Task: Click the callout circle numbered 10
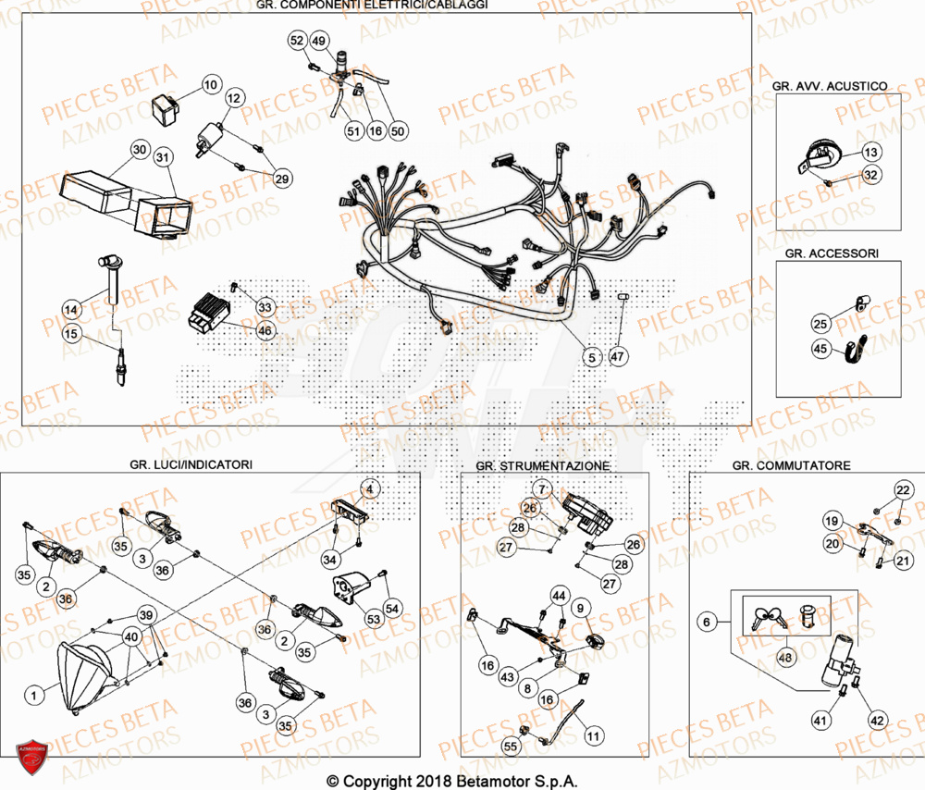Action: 210,85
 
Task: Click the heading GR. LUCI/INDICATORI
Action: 191,463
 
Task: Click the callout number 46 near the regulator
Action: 265,329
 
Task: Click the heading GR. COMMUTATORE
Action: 791,465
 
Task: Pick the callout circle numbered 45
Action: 820,349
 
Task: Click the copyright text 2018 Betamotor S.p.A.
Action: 452,781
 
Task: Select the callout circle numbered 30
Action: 139,150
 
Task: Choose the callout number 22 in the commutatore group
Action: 902,489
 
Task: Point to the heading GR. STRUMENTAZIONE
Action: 542,465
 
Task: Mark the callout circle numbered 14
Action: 72,307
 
